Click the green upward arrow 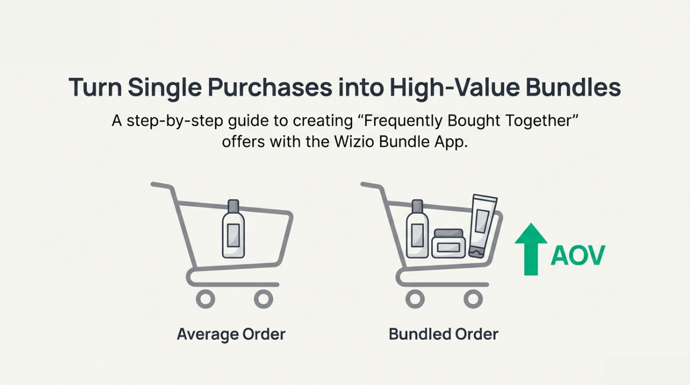coord(531,249)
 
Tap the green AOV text coord(578,255)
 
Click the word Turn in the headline coord(95,88)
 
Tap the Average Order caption coord(231,334)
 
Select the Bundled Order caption coord(444,334)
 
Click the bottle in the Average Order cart coord(233,229)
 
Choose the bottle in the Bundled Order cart coord(417,229)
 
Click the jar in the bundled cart coord(448,243)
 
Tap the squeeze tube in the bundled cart coord(483,226)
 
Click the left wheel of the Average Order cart coord(205,299)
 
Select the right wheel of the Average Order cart coord(264,299)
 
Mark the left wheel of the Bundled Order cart coord(415,299)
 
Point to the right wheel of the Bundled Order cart coord(473,299)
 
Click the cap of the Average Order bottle coord(233,206)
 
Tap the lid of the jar coord(448,233)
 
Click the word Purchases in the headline coord(270,88)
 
